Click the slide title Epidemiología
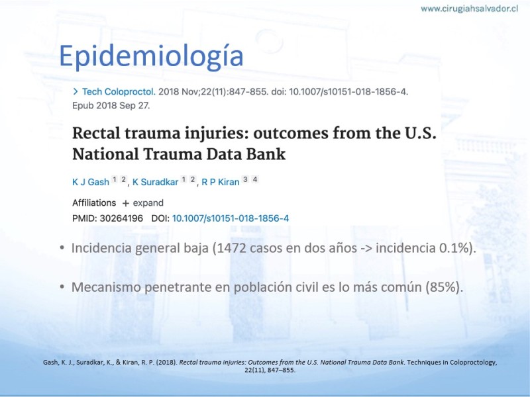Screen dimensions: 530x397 (151, 56)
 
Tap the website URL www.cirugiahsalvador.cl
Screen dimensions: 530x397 (469, 9)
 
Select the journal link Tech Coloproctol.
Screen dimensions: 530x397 (119, 92)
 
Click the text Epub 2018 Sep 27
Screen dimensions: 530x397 (111, 106)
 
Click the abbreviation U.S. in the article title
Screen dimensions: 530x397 (421, 133)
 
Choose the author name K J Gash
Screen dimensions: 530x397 (91, 183)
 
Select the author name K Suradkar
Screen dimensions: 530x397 (155, 183)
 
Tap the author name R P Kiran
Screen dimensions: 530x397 (221, 183)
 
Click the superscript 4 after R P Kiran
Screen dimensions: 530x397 (255, 179)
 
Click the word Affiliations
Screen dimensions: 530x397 (94, 203)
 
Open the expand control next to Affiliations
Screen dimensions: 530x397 (143, 203)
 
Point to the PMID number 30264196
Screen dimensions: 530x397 (121, 218)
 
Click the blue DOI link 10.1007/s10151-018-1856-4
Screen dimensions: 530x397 (231, 218)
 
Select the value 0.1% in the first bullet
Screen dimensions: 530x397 (453, 248)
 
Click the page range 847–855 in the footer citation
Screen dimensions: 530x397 (281, 370)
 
